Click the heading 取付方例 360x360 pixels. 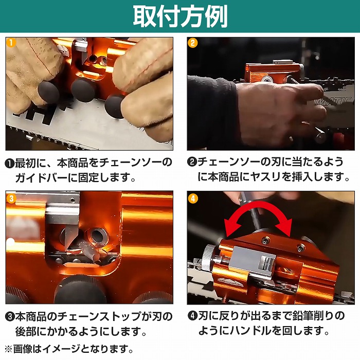click(180, 16)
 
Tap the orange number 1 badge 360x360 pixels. click(11, 43)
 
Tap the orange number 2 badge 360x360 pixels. click(193, 43)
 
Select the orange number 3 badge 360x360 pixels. click(11, 199)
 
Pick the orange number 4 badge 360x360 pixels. click(193, 199)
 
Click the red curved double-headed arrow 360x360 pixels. click(259, 206)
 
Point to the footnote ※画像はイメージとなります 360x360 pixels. click(69, 349)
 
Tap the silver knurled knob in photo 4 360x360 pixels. click(210, 258)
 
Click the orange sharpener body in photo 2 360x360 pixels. click(272, 73)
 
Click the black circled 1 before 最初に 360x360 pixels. click(10, 163)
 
